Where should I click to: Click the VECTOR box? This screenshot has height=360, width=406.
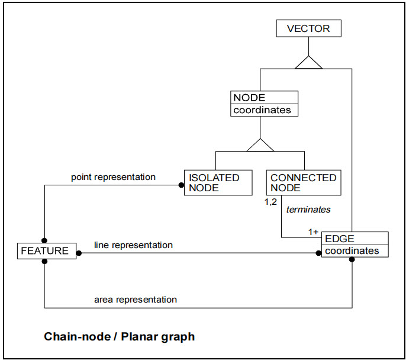[x=308, y=28]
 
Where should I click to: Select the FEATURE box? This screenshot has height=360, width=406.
[x=45, y=250]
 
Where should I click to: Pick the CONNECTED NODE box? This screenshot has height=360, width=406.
[x=304, y=182]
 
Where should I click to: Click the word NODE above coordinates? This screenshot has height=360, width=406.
[x=249, y=98]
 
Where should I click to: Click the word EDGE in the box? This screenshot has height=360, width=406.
[x=339, y=239]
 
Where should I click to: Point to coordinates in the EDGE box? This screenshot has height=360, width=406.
[x=352, y=250]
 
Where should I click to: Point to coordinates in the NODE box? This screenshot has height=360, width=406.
[x=262, y=110]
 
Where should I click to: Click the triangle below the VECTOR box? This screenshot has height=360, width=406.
[x=308, y=62]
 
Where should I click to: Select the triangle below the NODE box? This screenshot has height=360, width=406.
[x=260, y=144]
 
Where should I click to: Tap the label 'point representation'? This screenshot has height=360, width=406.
[x=113, y=176]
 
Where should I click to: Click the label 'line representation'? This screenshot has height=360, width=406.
[x=133, y=245]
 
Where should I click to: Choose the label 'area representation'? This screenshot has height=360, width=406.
[x=136, y=299]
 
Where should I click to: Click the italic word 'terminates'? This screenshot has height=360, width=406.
[x=308, y=209]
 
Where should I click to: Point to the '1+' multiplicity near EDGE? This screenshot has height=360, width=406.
[x=314, y=232]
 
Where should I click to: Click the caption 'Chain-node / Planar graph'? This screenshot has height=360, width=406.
[x=119, y=337]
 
